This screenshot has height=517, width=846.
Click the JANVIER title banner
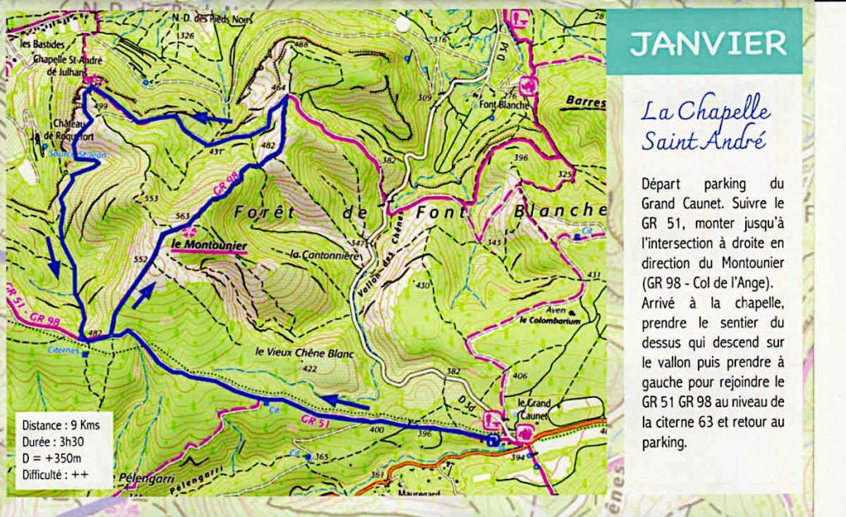704,43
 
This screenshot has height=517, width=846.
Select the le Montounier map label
203,244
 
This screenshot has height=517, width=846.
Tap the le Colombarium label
550,319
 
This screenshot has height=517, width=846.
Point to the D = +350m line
50,458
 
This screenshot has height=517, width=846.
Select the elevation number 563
183,217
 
